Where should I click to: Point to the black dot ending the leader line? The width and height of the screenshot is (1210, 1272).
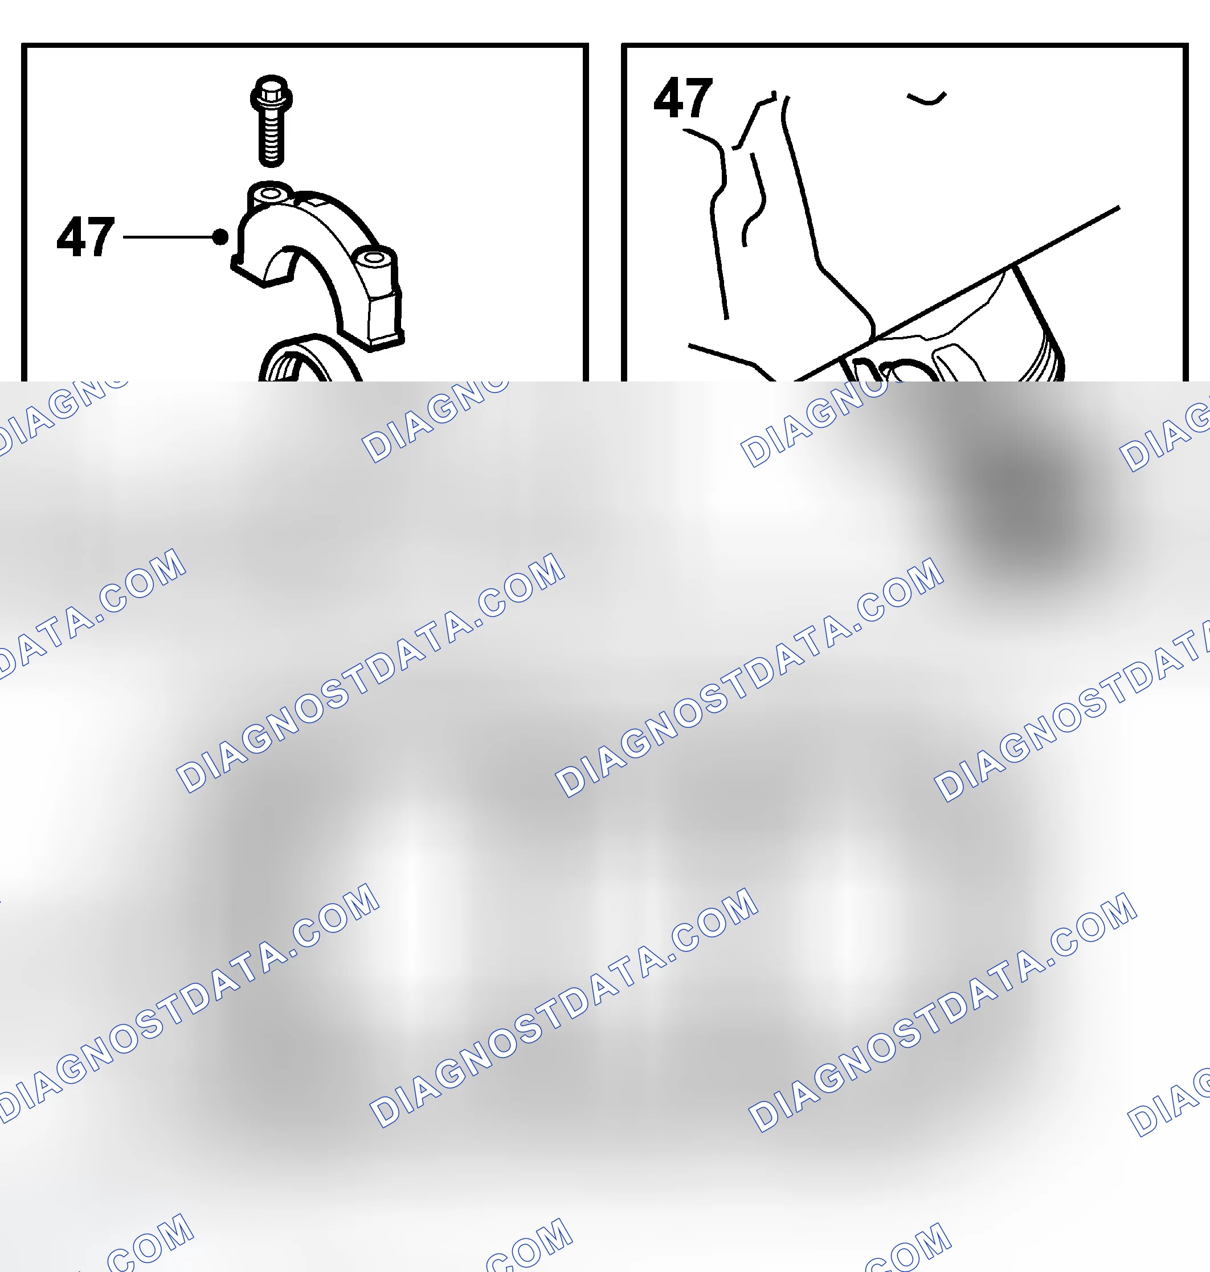[220, 237]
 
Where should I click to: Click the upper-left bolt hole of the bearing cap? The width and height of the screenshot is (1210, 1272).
[270, 194]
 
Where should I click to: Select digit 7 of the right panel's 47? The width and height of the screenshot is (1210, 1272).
[698, 98]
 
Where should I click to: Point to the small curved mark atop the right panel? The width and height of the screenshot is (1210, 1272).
[926, 98]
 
